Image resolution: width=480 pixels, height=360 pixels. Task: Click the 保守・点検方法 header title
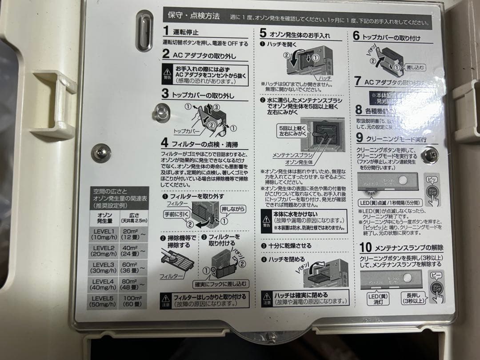pyautogui.click(x=193, y=16)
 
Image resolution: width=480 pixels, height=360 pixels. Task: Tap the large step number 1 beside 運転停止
pyautogui.click(x=166, y=31)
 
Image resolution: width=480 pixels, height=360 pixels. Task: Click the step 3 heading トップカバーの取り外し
pyautogui.click(x=204, y=95)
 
